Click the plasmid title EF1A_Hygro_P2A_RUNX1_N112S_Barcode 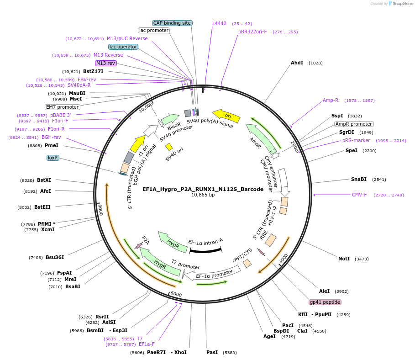[203, 189]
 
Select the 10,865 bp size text [203, 195]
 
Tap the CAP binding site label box [172, 23]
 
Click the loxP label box [53, 158]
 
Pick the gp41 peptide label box [325, 302]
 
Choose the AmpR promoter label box [354, 124]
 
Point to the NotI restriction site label [344, 259]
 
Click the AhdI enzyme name [297, 63]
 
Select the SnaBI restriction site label [358, 179]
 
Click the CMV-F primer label [359, 195]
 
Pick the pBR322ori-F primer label [252, 32]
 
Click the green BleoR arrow [170, 120]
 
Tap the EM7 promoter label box [63, 107]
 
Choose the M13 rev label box [105, 63]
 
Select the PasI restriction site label [212, 352]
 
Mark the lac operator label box [123, 47]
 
